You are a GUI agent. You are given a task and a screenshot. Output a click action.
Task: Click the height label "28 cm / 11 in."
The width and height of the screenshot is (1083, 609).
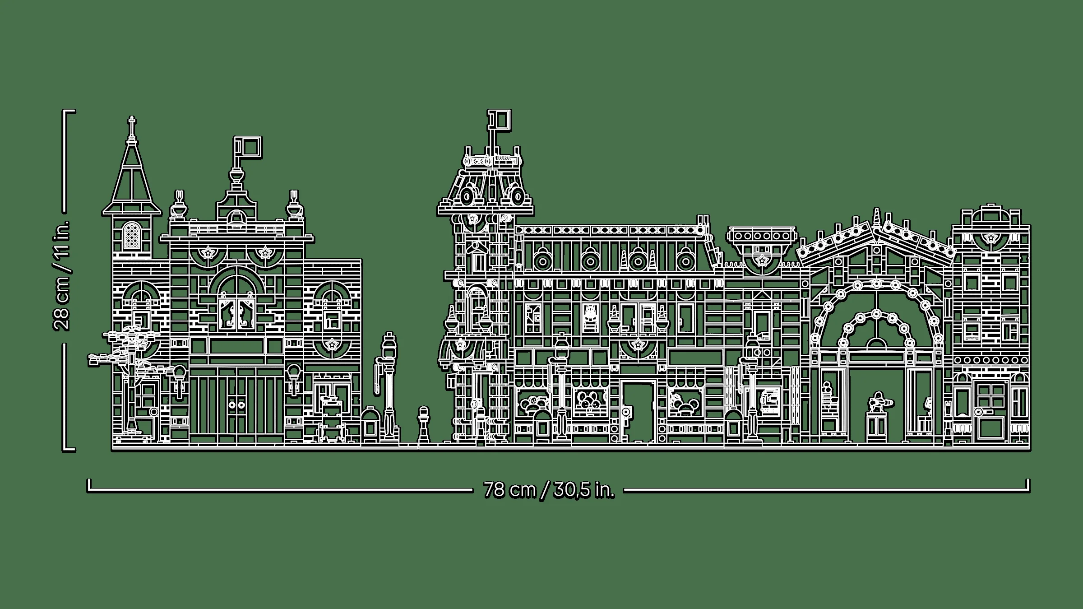pyautogui.click(x=62, y=275)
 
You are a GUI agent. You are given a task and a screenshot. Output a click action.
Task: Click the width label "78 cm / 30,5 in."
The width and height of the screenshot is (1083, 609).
pyautogui.click(x=549, y=490)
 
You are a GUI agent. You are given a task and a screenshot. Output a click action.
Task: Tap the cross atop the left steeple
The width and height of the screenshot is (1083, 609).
pyautogui.click(x=132, y=123)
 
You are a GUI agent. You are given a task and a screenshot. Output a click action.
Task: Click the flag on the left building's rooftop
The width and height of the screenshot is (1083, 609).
pyautogui.click(x=248, y=148)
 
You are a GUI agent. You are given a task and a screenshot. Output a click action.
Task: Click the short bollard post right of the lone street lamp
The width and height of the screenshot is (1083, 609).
pyautogui.click(x=423, y=424)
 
